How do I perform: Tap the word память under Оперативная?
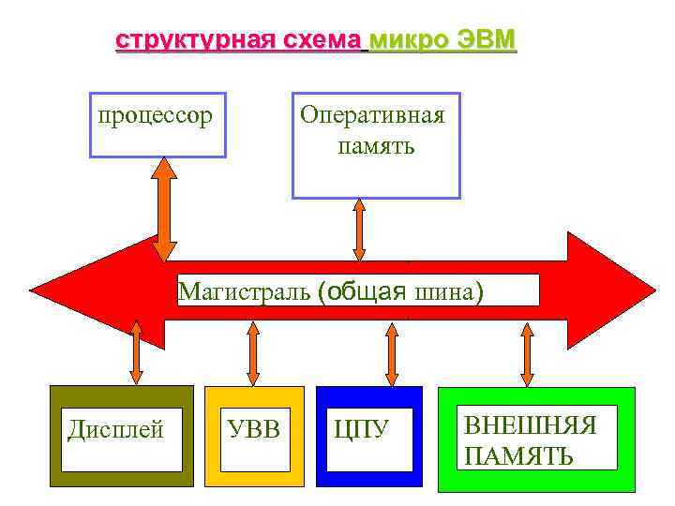pyautogui.click(x=375, y=146)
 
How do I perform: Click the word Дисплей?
pyautogui.click(x=116, y=430)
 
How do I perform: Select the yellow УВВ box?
pyautogui.click(x=254, y=436)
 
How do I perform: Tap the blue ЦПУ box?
pyautogui.click(x=368, y=436)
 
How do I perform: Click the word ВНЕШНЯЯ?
pyautogui.click(x=531, y=425)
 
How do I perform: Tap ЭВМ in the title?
pyautogui.click(x=486, y=42)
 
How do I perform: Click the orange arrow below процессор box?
pyautogui.click(x=165, y=208)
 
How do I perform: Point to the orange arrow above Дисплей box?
pyautogui.click(x=136, y=352)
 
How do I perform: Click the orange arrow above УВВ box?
pyautogui.click(x=252, y=352)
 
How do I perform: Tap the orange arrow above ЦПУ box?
pyautogui.click(x=391, y=352)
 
